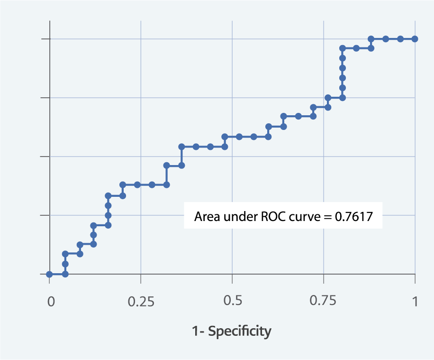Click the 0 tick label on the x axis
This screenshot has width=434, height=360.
coord(51,302)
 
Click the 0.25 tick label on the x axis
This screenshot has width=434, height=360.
coord(141,302)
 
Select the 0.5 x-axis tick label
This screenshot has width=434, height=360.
coord(232,302)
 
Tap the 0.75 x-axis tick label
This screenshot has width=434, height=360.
coord(324,302)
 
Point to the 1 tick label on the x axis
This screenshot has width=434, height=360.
coord(415,302)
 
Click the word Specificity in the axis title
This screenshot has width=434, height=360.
coord(240,331)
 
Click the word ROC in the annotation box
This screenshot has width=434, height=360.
coord(273,217)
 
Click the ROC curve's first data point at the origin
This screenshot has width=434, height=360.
coord(49,274)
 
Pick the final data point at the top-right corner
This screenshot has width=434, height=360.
coord(415,39)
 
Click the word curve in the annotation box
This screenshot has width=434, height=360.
coord(303,217)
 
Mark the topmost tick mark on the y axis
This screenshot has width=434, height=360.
coord(45,39)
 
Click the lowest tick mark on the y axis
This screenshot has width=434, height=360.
coord(45,274)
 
